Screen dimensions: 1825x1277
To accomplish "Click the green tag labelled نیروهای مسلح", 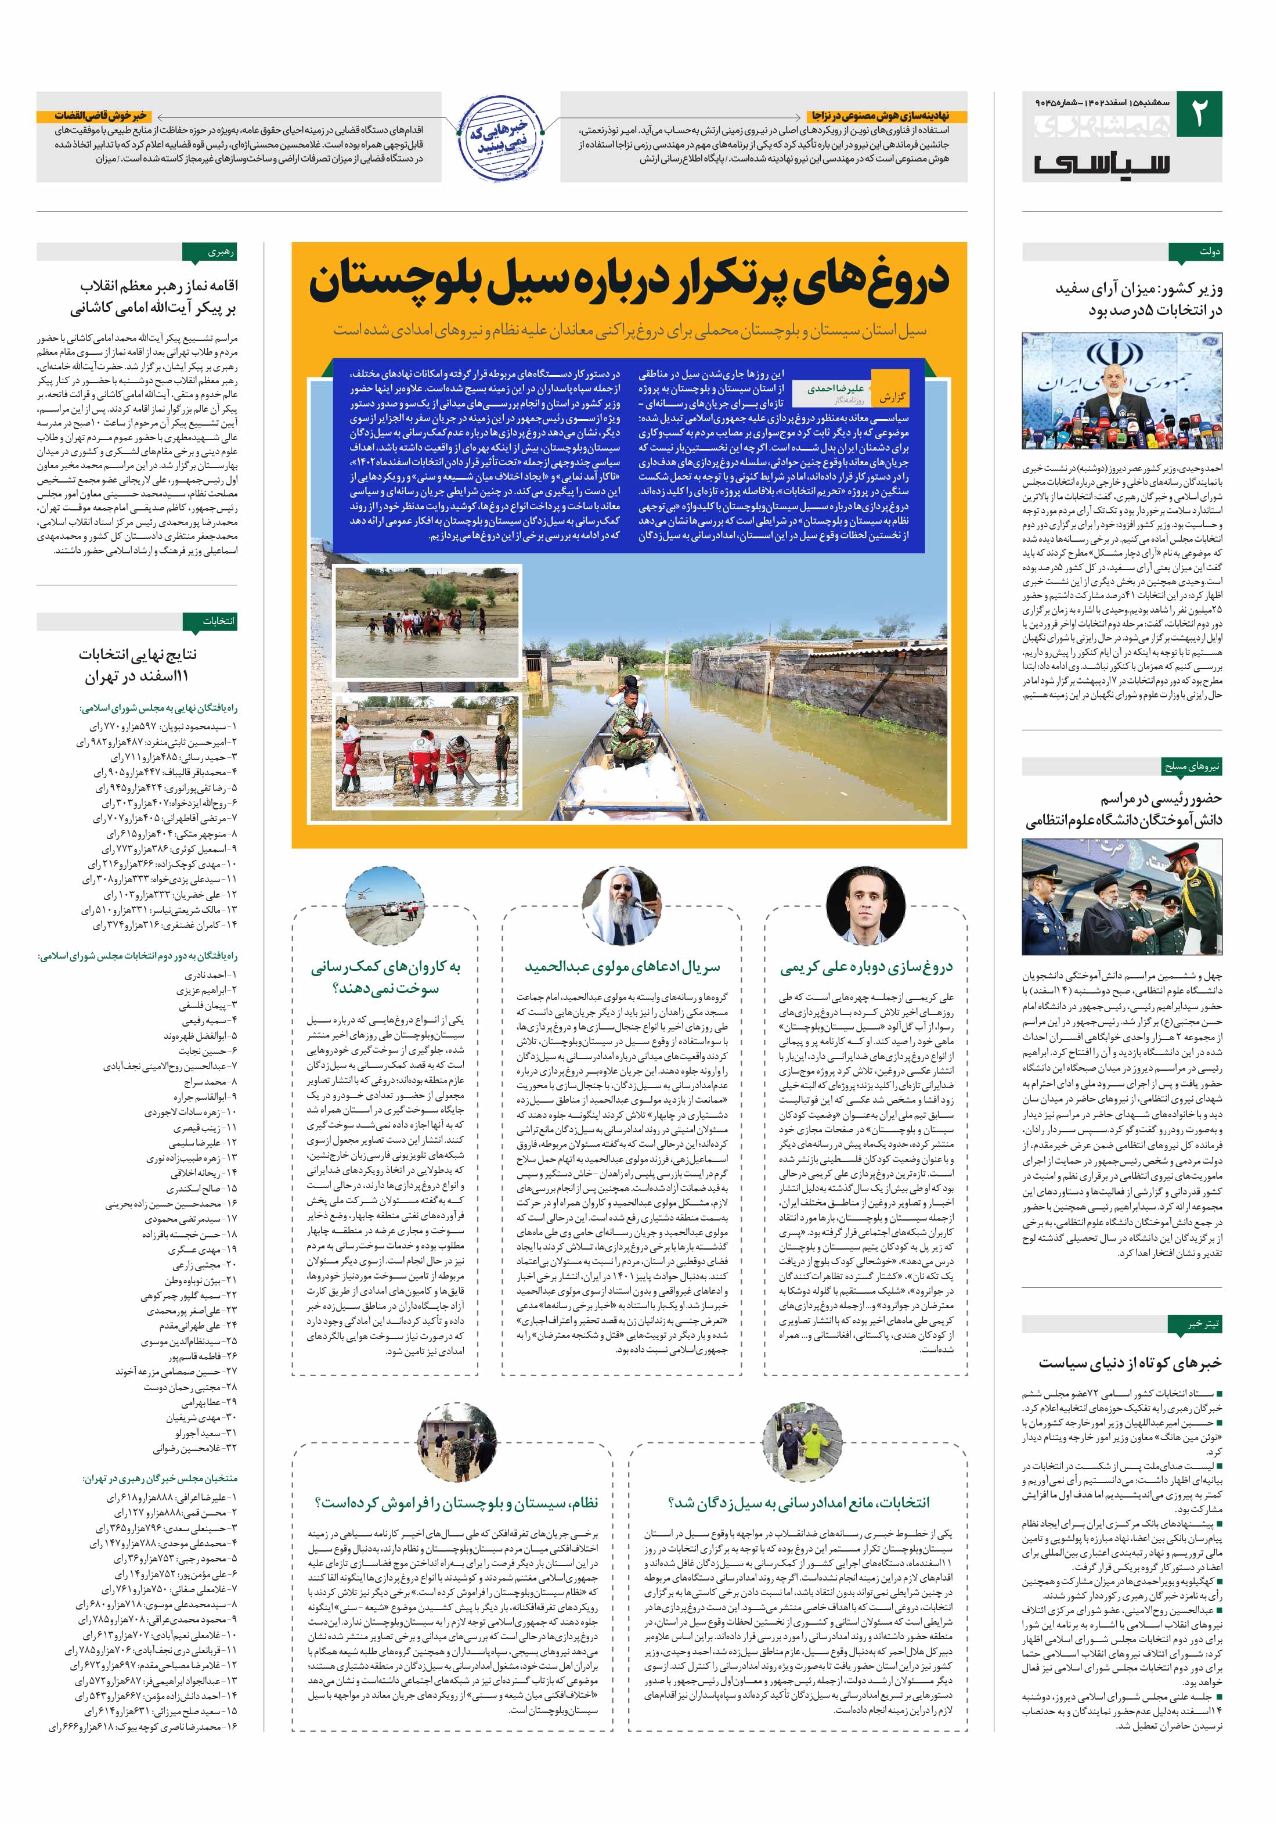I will tap(1192, 766).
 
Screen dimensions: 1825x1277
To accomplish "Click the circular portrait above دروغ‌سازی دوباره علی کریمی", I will tap(865, 903).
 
